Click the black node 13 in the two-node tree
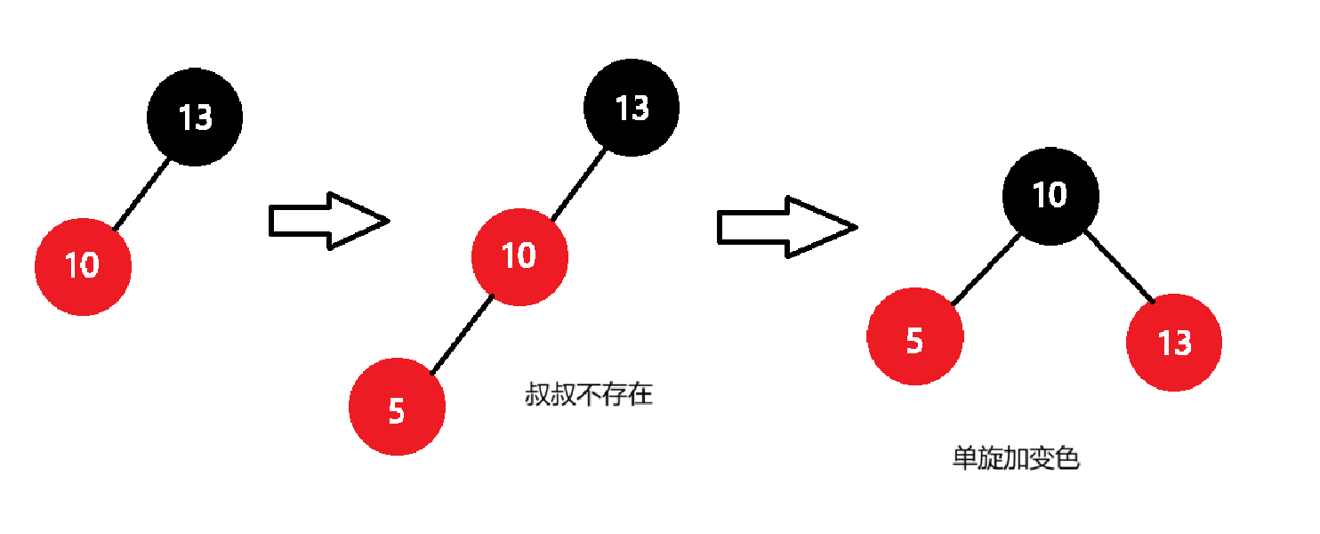pos(195,117)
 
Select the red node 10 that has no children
pos(83,266)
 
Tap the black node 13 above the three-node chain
pos(632,108)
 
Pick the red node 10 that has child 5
pos(519,256)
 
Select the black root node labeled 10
pos(1050,195)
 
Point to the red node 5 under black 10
pos(915,337)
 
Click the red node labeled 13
pos(1174,343)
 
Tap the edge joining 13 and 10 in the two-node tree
pos(141,193)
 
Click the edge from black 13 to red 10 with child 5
pos(579,184)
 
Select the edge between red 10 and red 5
pos(462,334)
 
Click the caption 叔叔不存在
pos(589,394)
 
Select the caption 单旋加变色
pos(1016,458)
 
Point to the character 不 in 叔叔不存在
pos(589,394)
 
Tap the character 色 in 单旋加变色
pos(1067,458)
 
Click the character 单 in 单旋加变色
pos(964,458)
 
